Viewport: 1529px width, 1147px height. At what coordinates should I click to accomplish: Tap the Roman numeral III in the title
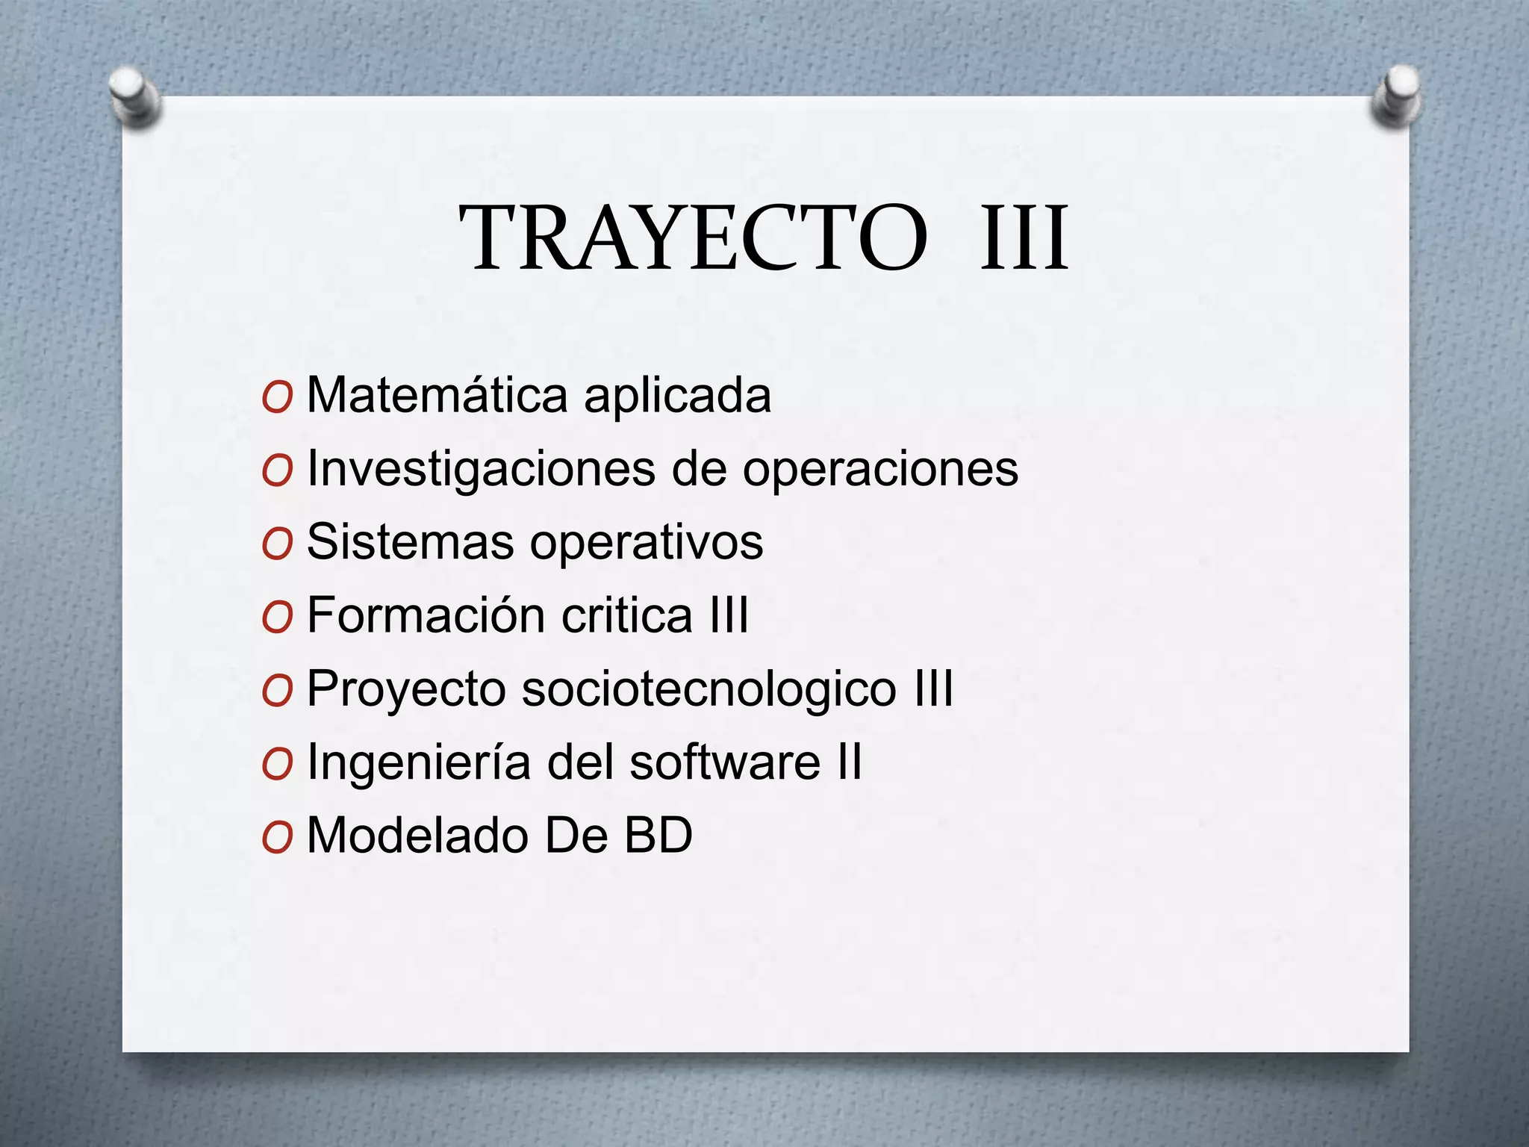[1024, 238]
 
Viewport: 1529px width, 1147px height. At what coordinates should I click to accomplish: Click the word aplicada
[677, 396]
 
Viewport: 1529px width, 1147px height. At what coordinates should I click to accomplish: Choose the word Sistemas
[410, 541]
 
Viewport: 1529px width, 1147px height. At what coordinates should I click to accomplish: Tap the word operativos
[647, 543]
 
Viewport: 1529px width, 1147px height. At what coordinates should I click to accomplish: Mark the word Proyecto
[406, 689]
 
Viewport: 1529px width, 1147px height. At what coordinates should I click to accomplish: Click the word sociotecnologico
[709, 689]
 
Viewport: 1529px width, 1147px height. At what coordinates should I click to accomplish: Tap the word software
[724, 762]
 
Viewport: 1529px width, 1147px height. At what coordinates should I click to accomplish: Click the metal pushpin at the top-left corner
[134, 96]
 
